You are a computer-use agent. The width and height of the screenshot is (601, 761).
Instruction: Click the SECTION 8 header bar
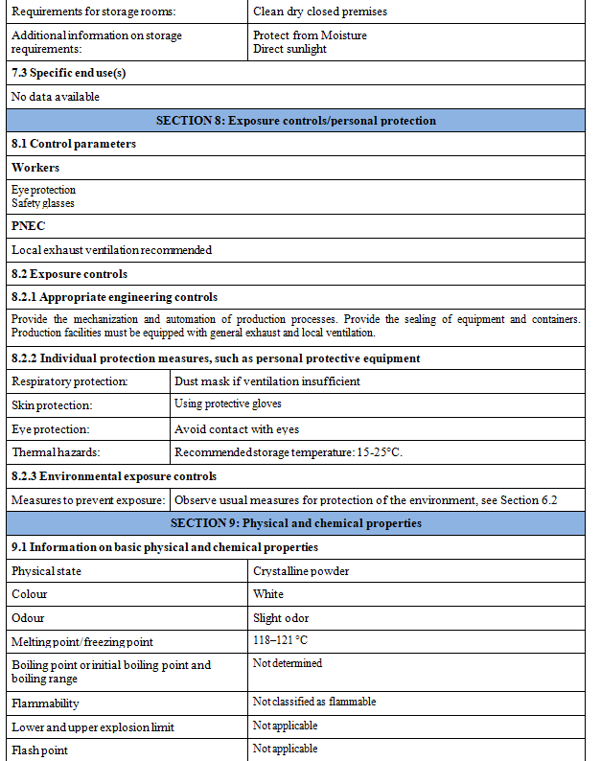pyautogui.click(x=295, y=121)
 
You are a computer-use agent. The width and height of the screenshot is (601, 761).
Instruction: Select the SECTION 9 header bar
pyautogui.click(x=295, y=523)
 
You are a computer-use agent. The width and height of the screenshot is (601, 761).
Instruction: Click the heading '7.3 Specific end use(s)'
pyautogui.click(x=69, y=73)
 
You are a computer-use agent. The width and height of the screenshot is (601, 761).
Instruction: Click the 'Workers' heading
pyautogui.click(x=35, y=168)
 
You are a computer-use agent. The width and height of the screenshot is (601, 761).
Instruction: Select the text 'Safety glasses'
pyautogui.click(x=43, y=203)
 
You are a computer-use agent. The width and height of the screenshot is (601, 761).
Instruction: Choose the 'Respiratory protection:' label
pyautogui.click(x=70, y=381)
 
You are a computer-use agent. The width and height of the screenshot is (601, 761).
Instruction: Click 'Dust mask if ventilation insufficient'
pyautogui.click(x=267, y=381)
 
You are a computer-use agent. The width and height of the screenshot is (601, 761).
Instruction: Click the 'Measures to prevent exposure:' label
pyautogui.click(x=87, y=500)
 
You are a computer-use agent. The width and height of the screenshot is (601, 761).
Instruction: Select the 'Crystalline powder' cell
pyautogui.click(x=301, y=571)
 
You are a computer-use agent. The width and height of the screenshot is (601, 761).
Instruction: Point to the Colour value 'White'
pyautogui.click(x=268, y=594)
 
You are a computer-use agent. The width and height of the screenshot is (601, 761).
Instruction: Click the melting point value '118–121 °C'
pyautogui.click(x=281, y=640)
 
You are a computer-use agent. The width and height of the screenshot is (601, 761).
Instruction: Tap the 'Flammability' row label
pyautogui.click(x=46, y=703)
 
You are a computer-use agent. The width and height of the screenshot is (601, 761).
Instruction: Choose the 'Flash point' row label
pyautogui.click(x=39, y=749)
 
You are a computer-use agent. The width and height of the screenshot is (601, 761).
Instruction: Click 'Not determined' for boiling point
pyautogui.click(x=288, y=663)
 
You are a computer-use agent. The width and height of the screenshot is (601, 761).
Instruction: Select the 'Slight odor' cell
pyautogui.click(x=281, y=618)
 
